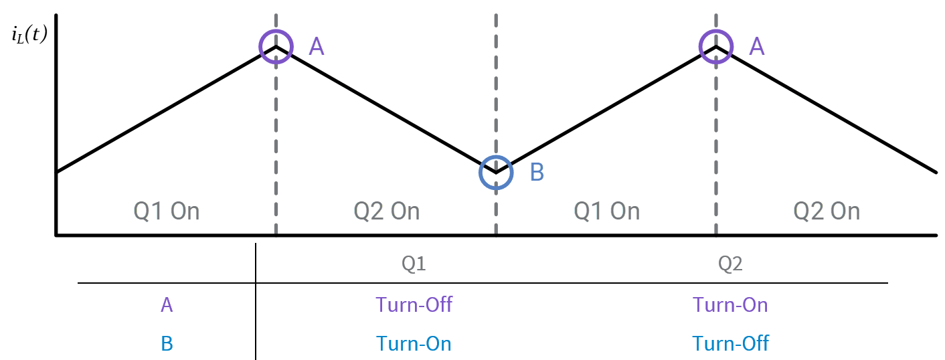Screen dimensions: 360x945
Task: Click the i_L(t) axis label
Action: pos(29,35)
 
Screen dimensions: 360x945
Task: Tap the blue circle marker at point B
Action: pos(496,173)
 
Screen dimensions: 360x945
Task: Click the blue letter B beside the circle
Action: pos(537,173)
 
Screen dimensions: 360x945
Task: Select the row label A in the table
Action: pos(167,305)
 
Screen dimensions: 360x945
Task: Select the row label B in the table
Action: pos(167,344)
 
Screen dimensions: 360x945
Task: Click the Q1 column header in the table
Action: pos(414,264)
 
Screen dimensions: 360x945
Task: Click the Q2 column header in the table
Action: pos(730,264)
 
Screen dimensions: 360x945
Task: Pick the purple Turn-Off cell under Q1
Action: pos(414,305)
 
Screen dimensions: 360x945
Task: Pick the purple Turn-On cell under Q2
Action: pos(730,305)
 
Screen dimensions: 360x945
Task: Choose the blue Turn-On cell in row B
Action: pos(414,344)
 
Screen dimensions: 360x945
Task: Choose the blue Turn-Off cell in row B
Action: pos(730,344)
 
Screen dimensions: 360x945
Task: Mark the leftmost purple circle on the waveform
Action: pos(276,46)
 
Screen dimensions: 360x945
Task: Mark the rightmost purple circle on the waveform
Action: pos(716,46)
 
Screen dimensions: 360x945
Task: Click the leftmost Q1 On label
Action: pos(167,211)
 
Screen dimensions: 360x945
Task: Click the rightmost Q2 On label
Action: pos(827,211)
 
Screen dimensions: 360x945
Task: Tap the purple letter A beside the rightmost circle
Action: pos(756,46)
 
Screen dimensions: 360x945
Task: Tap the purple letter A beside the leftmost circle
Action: pos(316,46)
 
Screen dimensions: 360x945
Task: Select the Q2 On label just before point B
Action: pos(387,211)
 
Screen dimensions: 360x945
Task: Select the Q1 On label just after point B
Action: pos(607,211)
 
